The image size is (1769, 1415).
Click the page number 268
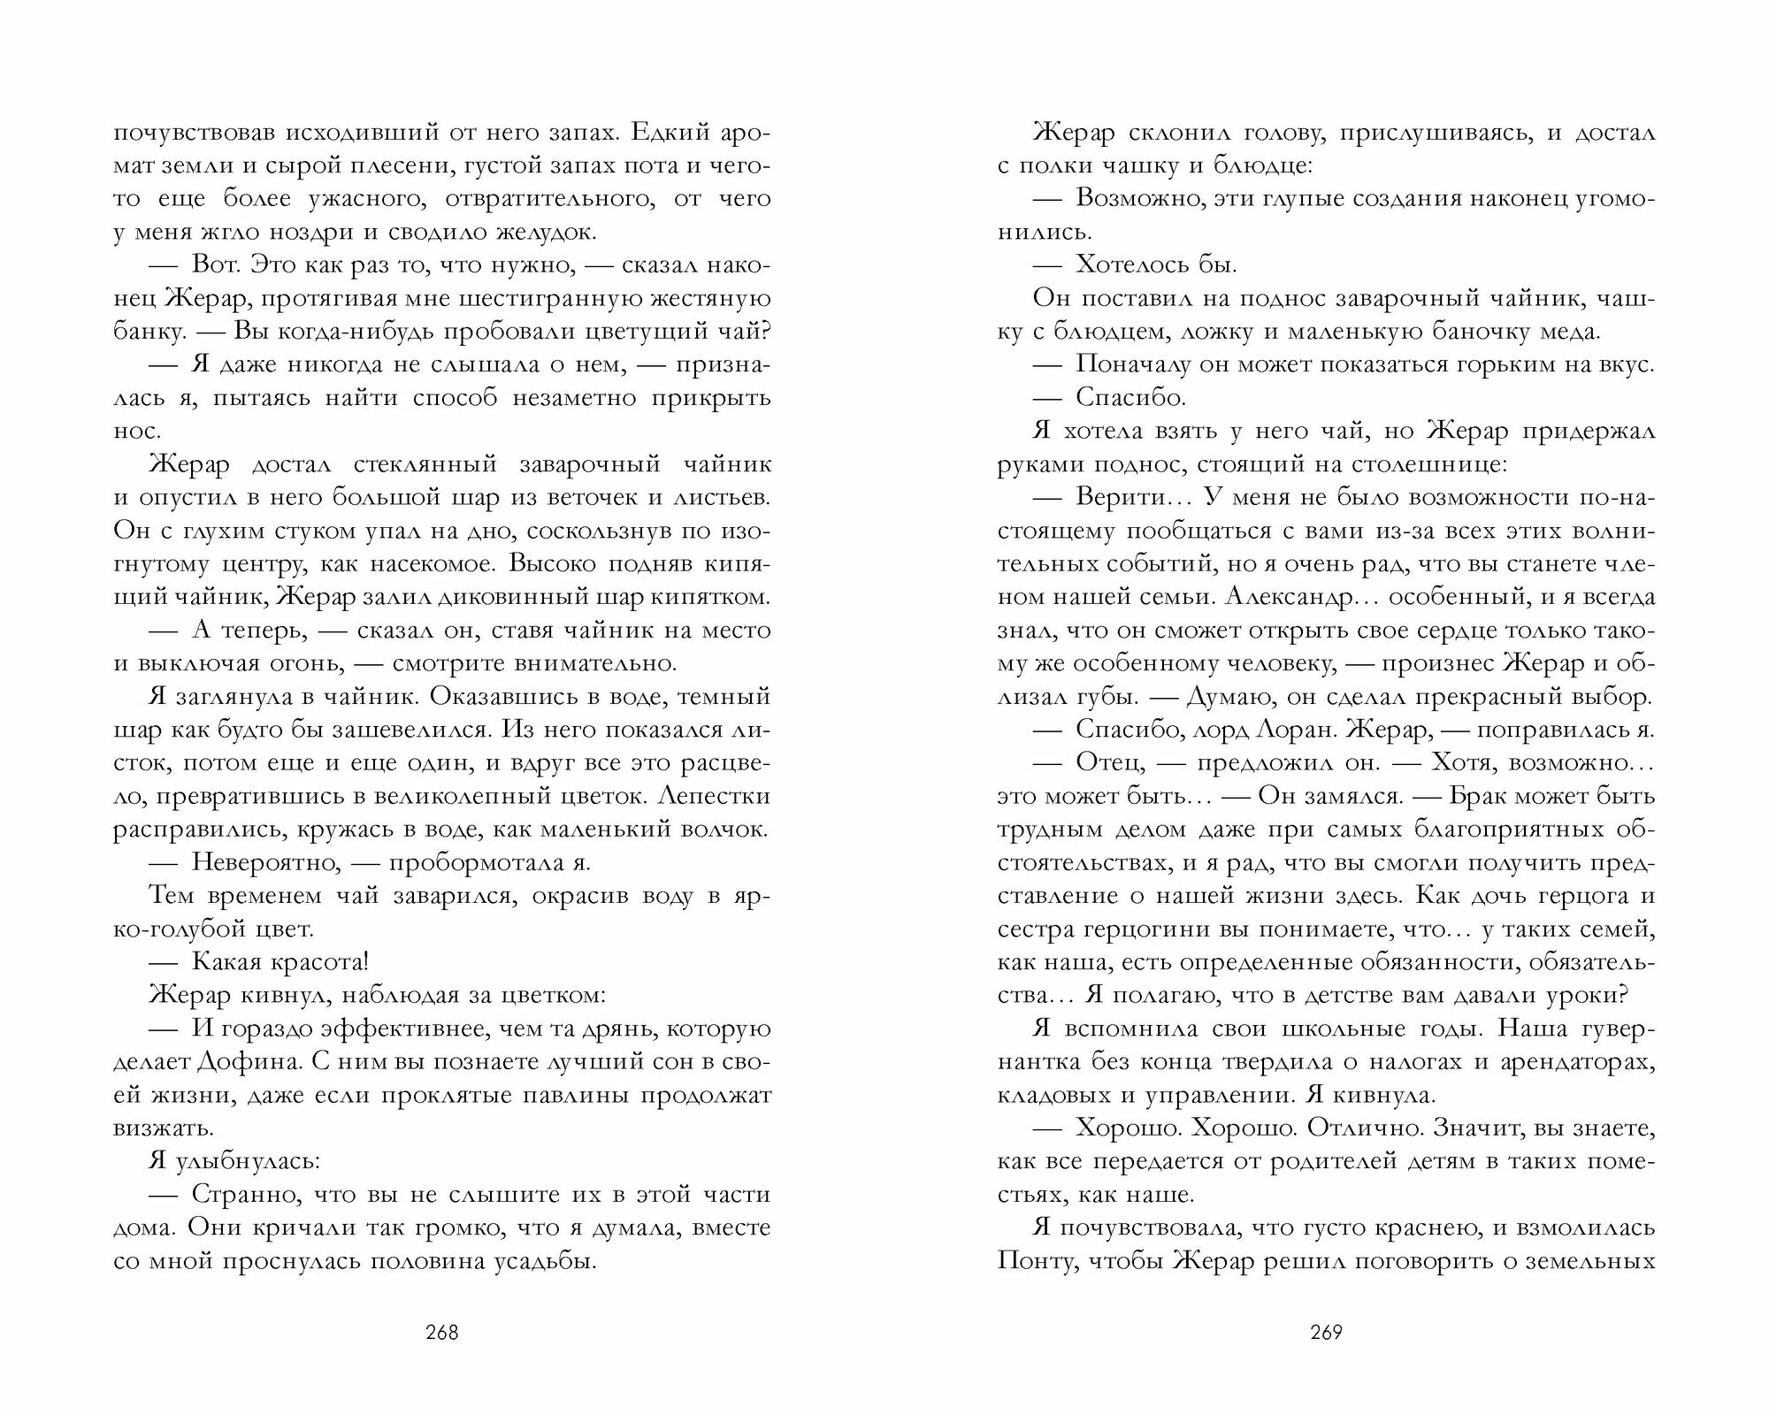pos(441,1333)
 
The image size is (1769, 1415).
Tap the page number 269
pos(1326,1333)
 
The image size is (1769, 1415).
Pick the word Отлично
pos(1378,1128)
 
